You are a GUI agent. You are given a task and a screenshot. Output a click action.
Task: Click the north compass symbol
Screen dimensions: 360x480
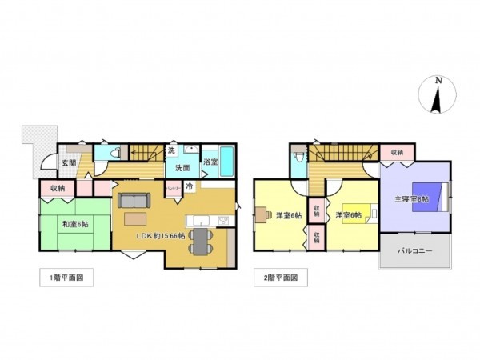tap(437, 96)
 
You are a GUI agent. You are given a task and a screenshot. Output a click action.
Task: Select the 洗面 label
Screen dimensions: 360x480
tap(182, 169)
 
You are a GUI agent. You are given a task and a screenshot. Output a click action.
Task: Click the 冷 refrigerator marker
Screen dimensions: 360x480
tap(190, 186)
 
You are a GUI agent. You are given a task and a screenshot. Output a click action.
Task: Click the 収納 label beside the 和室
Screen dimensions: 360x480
tap(57, 188)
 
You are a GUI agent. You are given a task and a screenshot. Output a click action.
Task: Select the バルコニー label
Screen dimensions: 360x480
tap(415, 251)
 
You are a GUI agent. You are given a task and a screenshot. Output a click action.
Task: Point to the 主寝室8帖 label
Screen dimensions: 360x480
tap(411, 198)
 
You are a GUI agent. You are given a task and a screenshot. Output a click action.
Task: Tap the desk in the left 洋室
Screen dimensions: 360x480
tap(263, 214)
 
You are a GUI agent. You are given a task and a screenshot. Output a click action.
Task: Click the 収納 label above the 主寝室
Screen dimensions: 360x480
tap(397, 152)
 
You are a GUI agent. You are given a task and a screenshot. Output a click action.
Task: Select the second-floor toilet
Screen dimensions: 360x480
tap(299, 156)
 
